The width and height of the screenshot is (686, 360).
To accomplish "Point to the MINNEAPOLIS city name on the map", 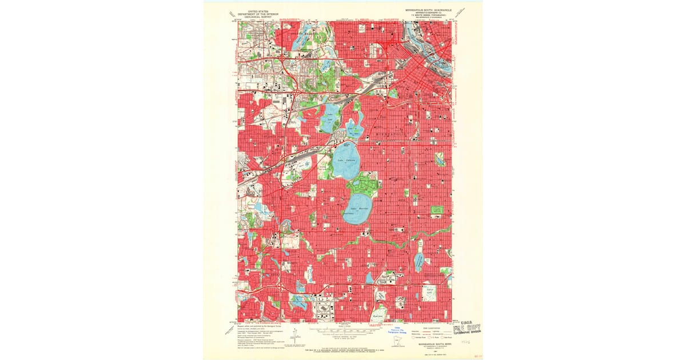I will click(390, 133).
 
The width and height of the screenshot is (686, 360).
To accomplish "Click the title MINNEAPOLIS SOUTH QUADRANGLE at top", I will click(426, 10).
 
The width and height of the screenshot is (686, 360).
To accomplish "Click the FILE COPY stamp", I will click(466, 330).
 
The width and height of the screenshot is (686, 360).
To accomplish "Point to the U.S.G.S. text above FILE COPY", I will click(465, 323).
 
